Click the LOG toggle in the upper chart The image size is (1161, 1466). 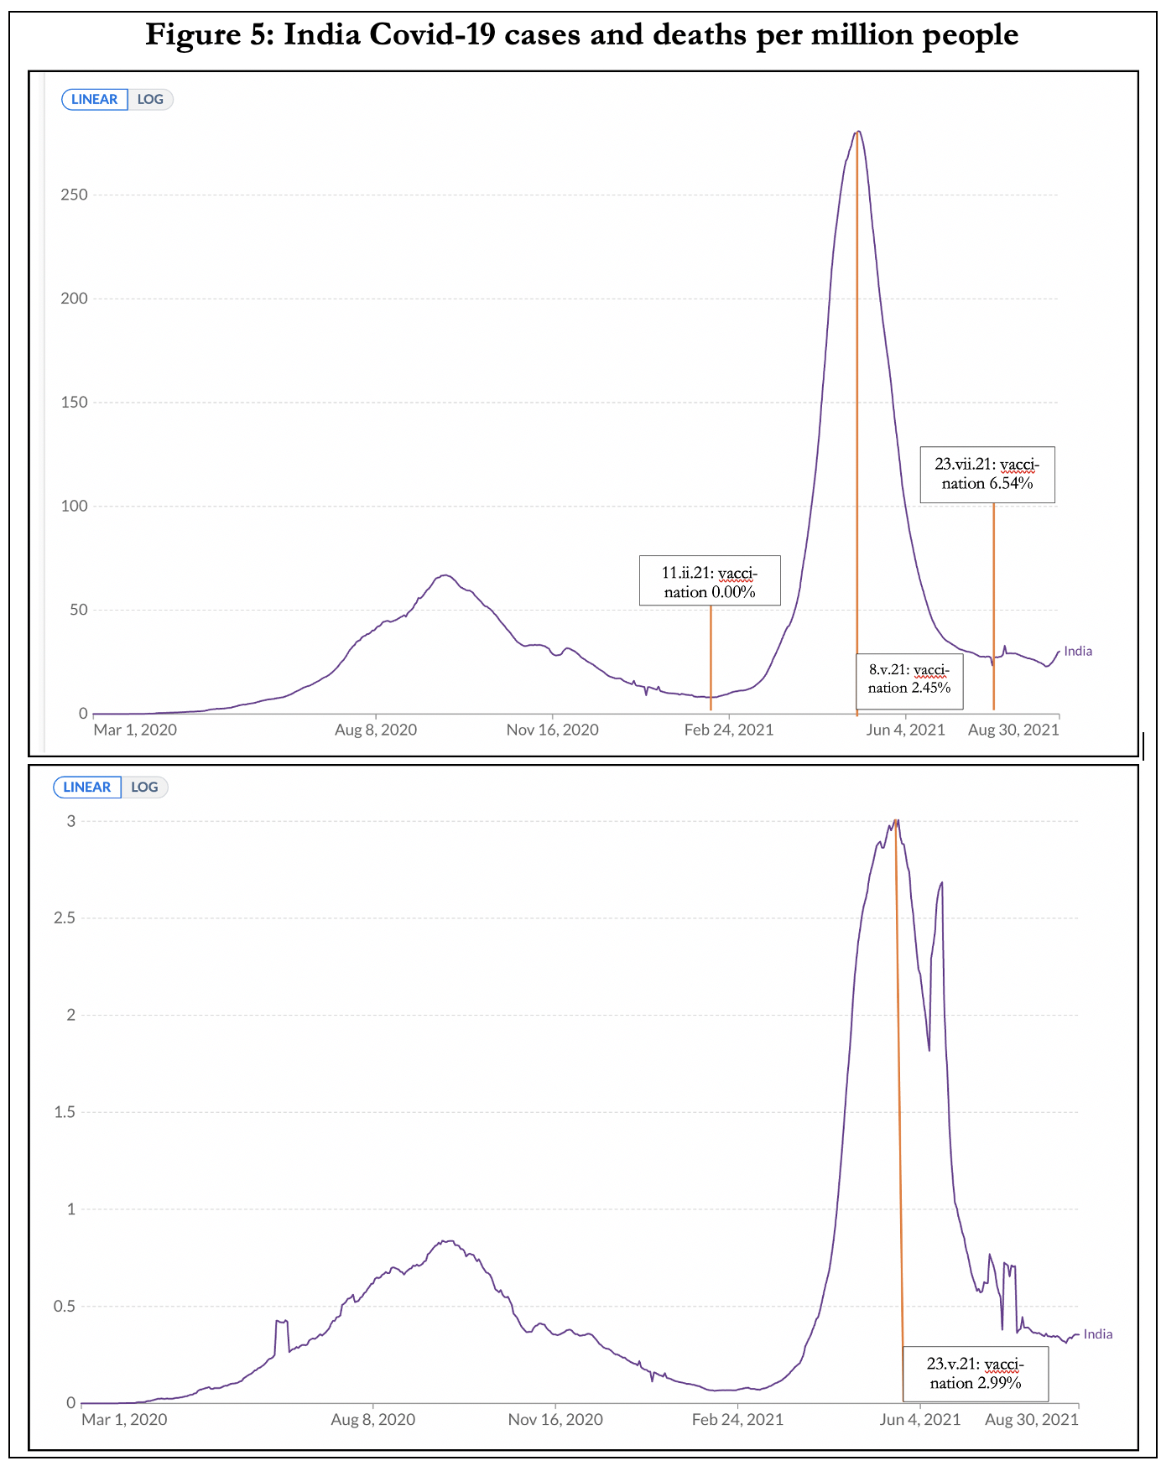(150, 100)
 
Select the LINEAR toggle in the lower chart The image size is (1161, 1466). (87, 788)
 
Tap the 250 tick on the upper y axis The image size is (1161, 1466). (74, 195)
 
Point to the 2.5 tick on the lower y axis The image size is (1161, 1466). (65, 918)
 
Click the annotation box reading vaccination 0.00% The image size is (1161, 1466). (710, 580)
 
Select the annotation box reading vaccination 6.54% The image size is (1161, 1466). (987, 475)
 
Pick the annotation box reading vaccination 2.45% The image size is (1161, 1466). (909, 679)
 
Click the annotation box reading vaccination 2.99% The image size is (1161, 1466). (975, 1374)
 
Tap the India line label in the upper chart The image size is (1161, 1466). (1078, 652)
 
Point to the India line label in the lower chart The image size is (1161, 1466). (1098, 1334)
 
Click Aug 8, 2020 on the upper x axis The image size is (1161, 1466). (376, 730)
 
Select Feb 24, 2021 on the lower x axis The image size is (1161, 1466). (737, 1420)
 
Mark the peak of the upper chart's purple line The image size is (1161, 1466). (857, 132)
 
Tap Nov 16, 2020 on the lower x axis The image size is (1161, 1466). (555, 1420)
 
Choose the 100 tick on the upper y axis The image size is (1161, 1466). (74, 507)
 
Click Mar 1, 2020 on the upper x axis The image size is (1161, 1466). (135, 730)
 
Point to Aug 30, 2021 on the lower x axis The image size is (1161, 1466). (1031, 1420)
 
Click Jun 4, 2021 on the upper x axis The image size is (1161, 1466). (905, 730)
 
